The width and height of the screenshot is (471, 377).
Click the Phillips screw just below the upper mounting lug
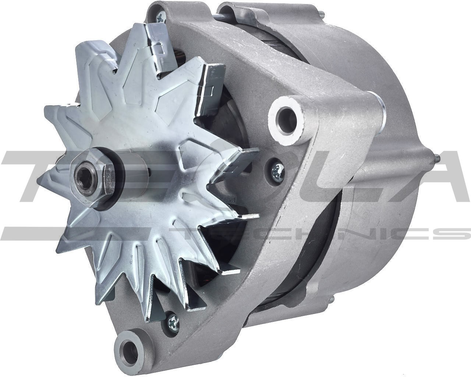(276, 170)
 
